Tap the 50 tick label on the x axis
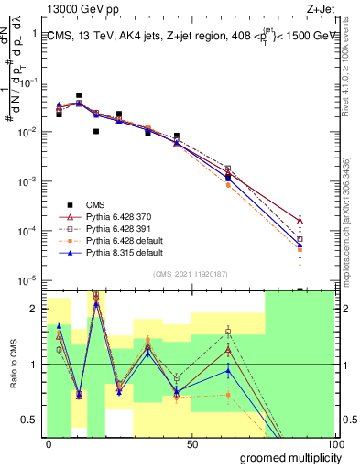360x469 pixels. tap(191, 443)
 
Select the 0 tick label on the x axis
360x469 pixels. tap(49, 443)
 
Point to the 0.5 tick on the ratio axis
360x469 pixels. tap(32, 421)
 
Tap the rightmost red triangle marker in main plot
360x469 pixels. tap(300, 221)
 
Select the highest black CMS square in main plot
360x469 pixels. tap(79, 95)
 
